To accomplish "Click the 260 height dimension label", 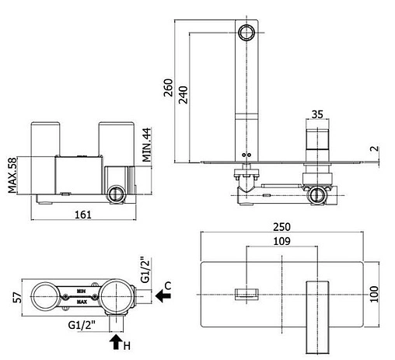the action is [x=168, y=88].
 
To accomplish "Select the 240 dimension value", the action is [x=184, y=95].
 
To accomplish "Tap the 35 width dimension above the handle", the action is [x=317, y=114].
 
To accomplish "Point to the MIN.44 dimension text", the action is [x=147, y=145].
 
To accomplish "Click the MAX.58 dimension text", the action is [x=12, y=175].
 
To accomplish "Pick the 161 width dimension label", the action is [x=83, y=215].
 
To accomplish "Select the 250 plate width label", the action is [x=281, y=227].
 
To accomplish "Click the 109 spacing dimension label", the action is [x=282, y=241].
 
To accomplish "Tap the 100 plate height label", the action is [x=374, y=294].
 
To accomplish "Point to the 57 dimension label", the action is [x=18, y=298].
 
